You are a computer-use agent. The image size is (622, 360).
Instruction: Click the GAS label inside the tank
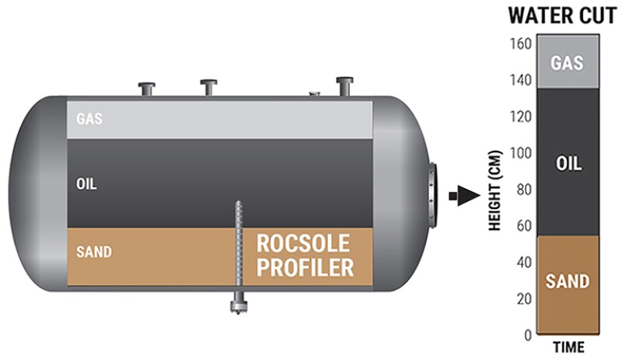point(89,120)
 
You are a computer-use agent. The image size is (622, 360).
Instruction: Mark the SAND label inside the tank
point(93,252)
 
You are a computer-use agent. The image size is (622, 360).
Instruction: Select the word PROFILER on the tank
point(306,269)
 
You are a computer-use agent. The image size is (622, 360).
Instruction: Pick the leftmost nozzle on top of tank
point(146,88)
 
